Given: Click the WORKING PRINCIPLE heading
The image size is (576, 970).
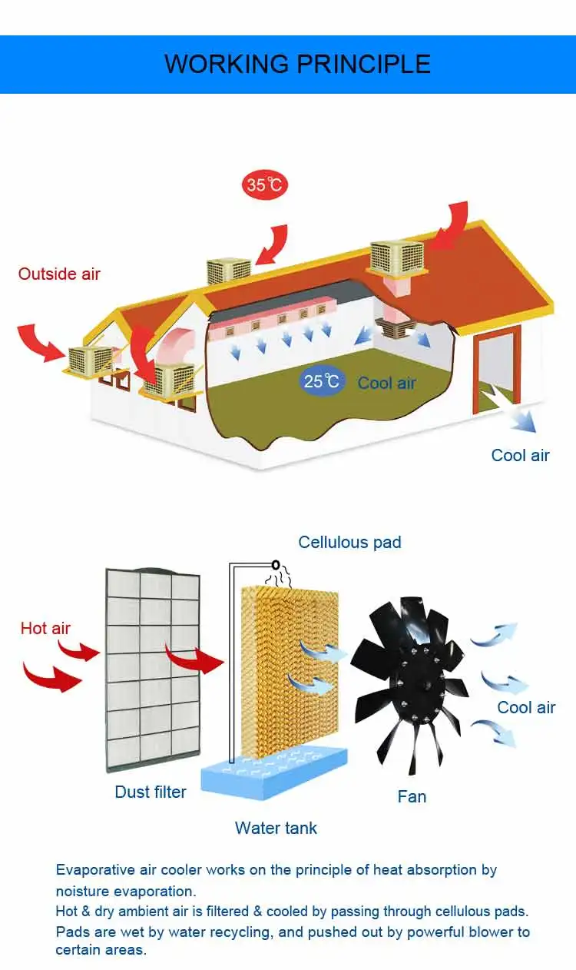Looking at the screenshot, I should coord(297,63).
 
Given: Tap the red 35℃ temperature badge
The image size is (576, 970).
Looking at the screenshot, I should coord(265,185).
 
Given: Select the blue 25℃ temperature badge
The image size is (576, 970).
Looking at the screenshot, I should coord(322,381).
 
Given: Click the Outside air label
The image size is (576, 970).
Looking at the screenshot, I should coord(59,274).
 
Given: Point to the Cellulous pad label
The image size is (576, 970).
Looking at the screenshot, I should coord(349,542).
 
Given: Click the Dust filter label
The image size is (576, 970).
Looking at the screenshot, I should coord(151,792).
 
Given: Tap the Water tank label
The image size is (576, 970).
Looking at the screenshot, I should coord(276,828).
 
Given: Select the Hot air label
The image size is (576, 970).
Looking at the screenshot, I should coord(45,628).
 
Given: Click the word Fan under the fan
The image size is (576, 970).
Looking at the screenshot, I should coord(412,796).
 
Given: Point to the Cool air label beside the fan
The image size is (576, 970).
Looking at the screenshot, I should coord(526,707).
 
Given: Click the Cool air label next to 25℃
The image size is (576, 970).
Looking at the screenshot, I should coord(386,383).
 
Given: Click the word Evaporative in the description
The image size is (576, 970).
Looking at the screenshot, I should coord(90,870).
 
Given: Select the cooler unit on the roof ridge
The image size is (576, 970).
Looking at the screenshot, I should coord(229,271).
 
